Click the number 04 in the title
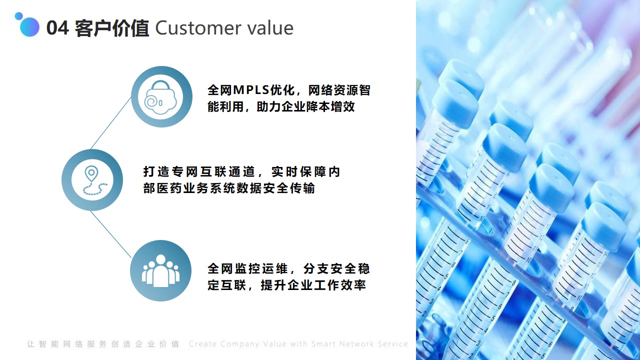click(57, 28)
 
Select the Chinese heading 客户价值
click(111, 28)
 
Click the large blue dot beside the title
click(29, 27)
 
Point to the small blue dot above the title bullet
click(19, 16)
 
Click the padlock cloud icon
click(160, 97)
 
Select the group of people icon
click(161, 270)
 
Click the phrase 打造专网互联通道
click(199, 171)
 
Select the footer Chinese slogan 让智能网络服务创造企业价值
click(103, 344)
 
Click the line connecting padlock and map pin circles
click(111, 123)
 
